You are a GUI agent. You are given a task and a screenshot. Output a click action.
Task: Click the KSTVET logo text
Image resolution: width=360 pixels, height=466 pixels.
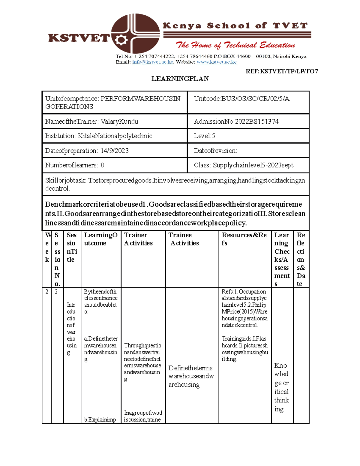(79, 38)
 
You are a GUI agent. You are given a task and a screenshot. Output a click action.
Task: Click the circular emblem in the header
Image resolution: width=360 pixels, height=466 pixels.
(135, 33)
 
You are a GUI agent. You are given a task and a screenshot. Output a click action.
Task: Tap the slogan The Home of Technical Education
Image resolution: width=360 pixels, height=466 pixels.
(235, 45)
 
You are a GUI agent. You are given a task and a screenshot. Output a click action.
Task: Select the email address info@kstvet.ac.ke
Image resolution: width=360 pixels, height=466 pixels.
(153, 62)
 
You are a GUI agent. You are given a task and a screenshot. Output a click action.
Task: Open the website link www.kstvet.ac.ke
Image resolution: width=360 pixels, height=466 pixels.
(216, 62)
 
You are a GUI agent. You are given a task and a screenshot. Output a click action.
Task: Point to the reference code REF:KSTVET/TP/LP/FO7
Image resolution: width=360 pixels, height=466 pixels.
(282, 71)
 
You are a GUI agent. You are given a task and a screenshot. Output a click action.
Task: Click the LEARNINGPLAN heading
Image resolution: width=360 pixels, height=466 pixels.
(180, 79)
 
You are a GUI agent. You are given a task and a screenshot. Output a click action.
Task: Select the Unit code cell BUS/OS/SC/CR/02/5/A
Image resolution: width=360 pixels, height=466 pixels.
(241, 99)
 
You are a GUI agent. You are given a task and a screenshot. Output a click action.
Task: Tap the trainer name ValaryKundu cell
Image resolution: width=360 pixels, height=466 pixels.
(91, 122)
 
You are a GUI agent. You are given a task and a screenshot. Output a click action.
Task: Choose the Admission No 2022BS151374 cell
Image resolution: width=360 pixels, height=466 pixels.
(236, 122)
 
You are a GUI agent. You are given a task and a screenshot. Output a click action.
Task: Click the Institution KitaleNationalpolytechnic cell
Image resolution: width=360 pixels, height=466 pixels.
(99, 136)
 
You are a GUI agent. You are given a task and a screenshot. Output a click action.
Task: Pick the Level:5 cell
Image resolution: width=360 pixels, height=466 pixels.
(204, 136)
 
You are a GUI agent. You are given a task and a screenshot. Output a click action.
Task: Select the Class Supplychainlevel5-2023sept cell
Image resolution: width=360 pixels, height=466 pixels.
(244, 165)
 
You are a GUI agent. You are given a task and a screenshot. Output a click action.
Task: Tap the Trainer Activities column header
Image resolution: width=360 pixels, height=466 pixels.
(138, 239)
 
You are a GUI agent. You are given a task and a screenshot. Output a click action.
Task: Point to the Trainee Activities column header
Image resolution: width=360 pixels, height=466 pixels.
(183, 239)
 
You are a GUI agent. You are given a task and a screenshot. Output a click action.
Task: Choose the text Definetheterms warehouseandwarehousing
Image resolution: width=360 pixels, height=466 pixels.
(191, 376)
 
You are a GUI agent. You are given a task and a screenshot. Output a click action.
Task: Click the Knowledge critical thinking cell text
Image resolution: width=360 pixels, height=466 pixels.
(281, 387)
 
